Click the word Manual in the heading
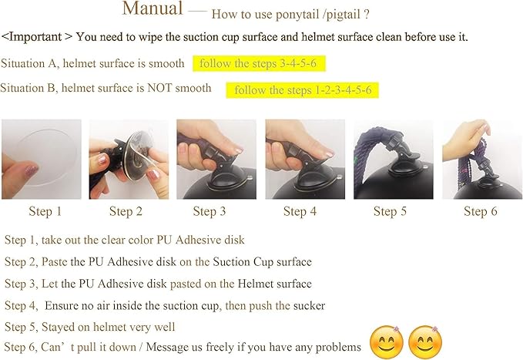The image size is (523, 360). click(153, 9)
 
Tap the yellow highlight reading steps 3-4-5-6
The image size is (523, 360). click(256, 63)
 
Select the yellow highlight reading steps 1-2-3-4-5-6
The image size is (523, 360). click(303, 90)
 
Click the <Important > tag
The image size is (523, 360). click(37, 37)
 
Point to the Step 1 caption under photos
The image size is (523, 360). click(45, 211)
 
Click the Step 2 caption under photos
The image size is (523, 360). click(126, 211)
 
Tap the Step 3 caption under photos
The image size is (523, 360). click(210, 211)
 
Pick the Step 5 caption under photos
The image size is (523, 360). click(390, 211)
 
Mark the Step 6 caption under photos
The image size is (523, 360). click(478, 211)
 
